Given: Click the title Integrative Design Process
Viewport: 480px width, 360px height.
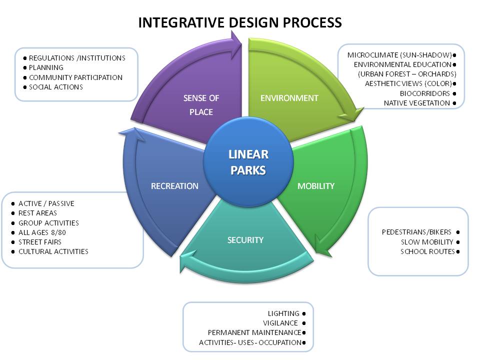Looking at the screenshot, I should [240, 22].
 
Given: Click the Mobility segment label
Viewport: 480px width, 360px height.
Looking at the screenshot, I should [315, 186].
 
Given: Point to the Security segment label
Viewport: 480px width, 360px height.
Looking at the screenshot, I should [245, 240].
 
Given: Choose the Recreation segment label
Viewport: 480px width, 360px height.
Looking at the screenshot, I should [174, 186].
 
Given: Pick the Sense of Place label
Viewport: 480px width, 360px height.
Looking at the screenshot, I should [201, 105].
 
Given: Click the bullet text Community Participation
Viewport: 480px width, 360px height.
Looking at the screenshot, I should [75, 77].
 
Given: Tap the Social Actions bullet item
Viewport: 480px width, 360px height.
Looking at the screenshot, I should [56, 87].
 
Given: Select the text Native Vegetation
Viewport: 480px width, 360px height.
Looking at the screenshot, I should [417, 103].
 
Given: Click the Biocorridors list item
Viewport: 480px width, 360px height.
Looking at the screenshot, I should [425, 93].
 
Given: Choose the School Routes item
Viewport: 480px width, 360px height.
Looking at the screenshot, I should [427, 251].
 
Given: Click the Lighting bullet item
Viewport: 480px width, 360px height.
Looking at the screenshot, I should [283, 313].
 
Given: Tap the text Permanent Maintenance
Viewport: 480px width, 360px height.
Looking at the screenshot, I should [254, 332].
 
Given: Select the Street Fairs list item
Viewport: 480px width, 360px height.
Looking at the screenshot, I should [40, 242].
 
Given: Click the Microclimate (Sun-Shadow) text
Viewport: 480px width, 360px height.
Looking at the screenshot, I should [399, 54].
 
